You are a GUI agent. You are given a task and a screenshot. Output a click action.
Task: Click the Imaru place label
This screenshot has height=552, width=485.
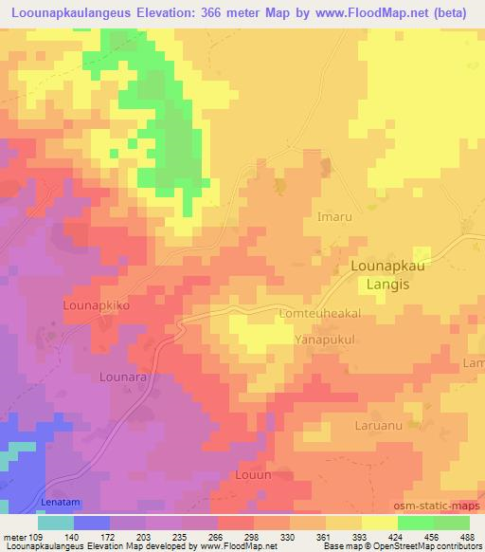pos(334,216)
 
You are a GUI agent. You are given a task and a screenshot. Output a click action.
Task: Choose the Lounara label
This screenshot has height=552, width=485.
pos(122,377)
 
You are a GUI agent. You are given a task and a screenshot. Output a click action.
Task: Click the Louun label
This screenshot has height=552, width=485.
pos(252,474)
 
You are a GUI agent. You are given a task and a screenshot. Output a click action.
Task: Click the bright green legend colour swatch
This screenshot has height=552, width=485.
pos(416,523)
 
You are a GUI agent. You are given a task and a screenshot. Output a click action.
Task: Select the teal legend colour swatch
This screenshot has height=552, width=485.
pos(56,523)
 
